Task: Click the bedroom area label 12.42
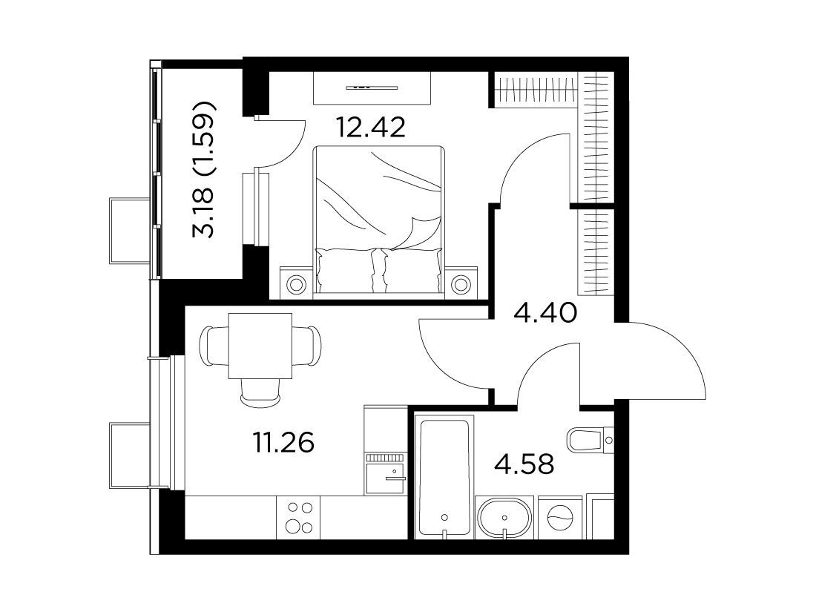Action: click(370, 128)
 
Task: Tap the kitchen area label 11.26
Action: click(284, 443)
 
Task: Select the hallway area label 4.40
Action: click(545, 313)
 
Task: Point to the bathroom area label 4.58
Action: click(524, 464)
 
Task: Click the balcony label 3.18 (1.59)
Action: click(203, 169)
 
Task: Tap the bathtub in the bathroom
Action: click(444, 476)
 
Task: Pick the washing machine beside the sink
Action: click(561, 517)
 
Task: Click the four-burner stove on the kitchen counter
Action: click(300, 517)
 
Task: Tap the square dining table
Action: click(260, 346)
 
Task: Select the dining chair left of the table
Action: click(214, 346)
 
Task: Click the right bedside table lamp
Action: click(460, 284)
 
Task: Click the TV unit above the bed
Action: click(372, 88)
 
